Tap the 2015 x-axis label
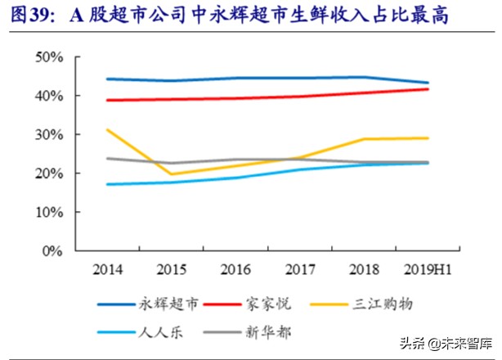tap(172, 268)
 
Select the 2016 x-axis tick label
tap(235, 268)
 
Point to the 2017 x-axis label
tap(300, 268)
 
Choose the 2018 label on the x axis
tap(364, 268)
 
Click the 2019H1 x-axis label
tap(428, 268)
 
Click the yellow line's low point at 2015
tap(172, 174)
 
